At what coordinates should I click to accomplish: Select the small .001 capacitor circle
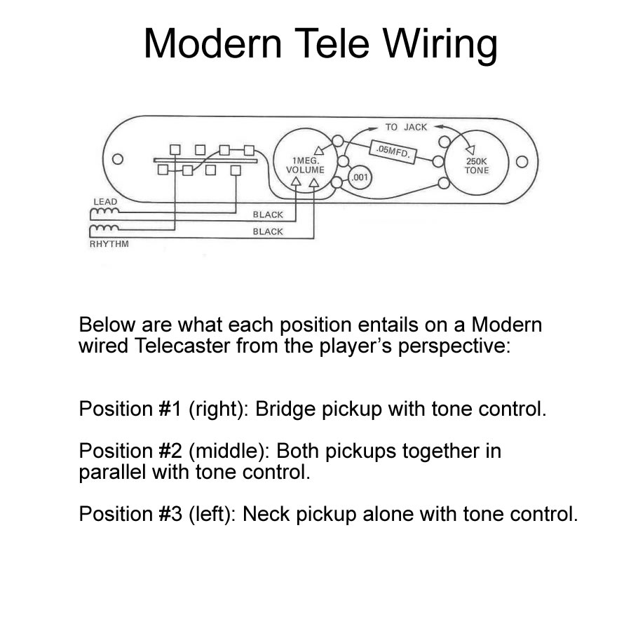click(x=360, y=178)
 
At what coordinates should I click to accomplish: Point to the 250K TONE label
click(x=477, y=165)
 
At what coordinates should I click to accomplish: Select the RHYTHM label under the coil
click(x=109, y=245)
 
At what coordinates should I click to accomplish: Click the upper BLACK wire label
click(x=268, y=215)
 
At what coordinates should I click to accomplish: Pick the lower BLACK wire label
click(x=268, y=231)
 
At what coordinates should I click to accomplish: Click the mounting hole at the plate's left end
click(x=118, y=159)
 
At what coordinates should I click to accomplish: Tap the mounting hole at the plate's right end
click(x=522, y=163)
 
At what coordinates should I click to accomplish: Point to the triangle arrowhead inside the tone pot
click(x=469, y=148)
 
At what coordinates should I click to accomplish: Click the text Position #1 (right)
click(x=163, y=409)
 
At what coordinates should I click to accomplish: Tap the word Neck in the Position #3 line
click(x=273, y=514)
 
